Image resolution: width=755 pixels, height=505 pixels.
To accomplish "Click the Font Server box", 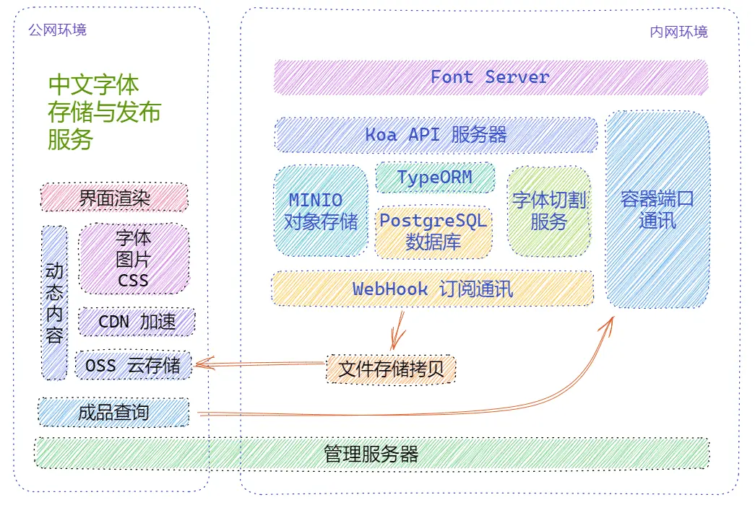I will pos(491,77).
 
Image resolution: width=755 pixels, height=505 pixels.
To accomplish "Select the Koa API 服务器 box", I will pos(436,135).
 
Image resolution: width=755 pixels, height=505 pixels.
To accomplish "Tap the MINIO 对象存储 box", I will pos(321,211).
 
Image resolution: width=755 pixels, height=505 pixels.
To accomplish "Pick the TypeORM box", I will pos(435,178).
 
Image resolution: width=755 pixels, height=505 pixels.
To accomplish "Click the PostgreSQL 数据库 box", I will pos(433,232).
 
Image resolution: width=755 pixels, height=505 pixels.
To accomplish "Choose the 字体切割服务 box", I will pos(549,211).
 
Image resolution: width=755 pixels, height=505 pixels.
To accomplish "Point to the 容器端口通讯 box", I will pos(657,209).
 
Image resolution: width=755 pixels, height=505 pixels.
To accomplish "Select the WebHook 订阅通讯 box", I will pos(433,289).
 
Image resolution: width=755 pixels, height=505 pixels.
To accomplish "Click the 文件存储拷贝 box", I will pos(391,369).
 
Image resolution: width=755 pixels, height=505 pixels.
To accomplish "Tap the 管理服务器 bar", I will pos(371,454).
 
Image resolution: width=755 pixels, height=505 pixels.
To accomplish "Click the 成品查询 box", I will pos(113,413).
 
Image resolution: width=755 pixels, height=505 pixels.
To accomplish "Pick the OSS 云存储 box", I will pos(133,365).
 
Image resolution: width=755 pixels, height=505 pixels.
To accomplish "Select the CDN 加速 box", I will pos(137,322).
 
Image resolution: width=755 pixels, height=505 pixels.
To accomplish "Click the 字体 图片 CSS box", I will pos(134,258).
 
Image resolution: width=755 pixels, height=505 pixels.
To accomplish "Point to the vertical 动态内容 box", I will pos(54,303).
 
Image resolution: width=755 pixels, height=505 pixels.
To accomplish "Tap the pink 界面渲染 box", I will pos(114,198).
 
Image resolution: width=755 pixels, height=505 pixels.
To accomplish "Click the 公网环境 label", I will pos(57,30).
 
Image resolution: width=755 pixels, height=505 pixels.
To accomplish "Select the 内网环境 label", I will pos(678,32).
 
